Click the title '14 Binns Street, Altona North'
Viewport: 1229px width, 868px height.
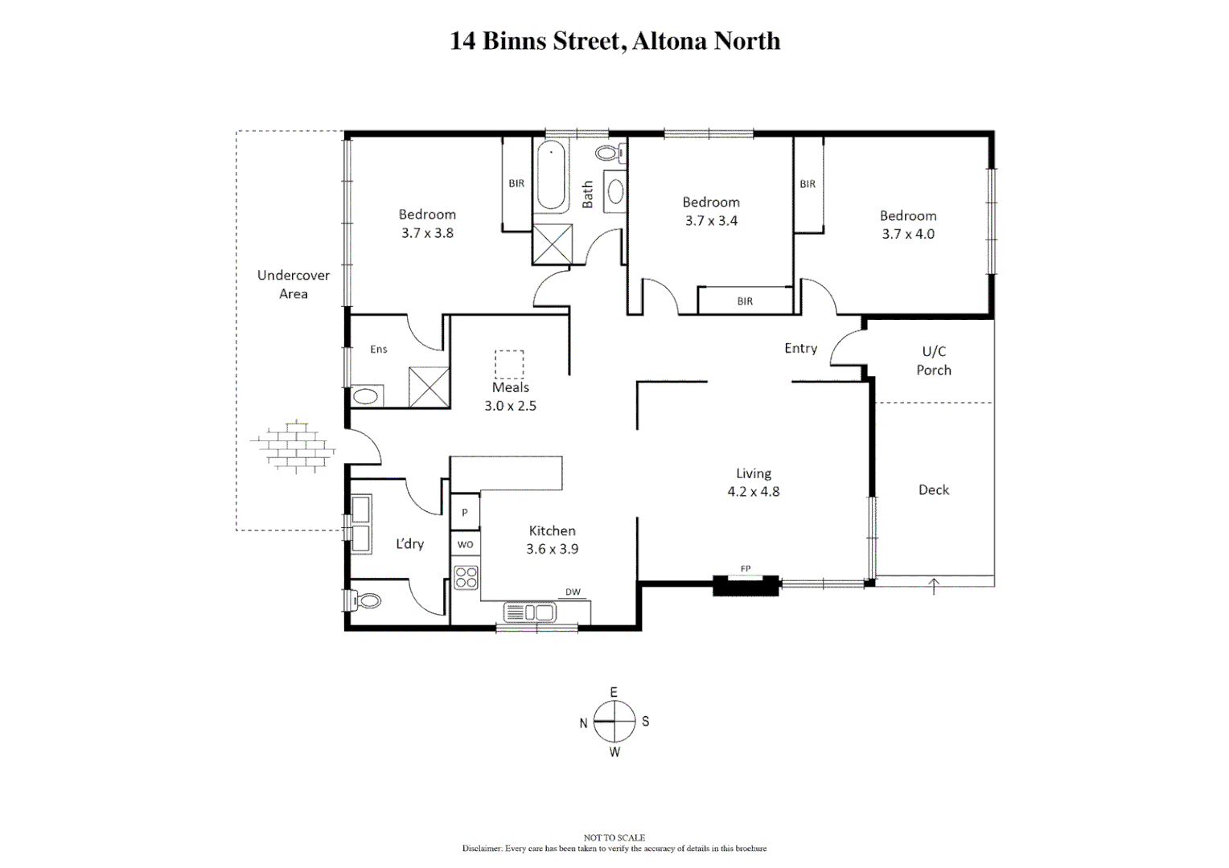pyautogui.click(x=614, y=41)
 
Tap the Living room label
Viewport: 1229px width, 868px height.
pyautogui.click(x=753, y=473)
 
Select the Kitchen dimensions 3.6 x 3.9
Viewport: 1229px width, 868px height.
pyautogui.click(x=552, y=549)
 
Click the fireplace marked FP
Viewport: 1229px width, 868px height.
pyautogui.click(x=746, y=584)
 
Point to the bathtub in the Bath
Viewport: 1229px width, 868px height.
pyautogui.click(x=552, y=175)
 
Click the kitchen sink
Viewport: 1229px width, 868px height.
pyautogui.click(x=530, y=612)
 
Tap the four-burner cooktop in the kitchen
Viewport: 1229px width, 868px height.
pyautogui.click(x=466, y=578)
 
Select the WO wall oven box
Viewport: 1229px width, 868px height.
pyautogui.click(x=465, y=544)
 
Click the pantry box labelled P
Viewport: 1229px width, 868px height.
pyautogui.click(x=464, y=512)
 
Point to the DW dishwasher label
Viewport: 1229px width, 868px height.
pyautogui.click(x=573, y=592)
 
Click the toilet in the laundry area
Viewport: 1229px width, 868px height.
pyautogui.click(x=364, y=600)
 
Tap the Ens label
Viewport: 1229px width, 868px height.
pyautogui.click(x=378, y=349)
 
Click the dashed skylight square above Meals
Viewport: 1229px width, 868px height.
pyautogui.click(x=508, y=364)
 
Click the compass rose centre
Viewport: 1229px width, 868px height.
pyautogui.click(x=614, y=721)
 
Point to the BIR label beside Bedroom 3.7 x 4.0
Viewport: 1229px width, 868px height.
pyautogui.click(x=808, y=184)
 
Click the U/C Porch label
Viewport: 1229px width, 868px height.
pyautogui.click(x=933, y=361)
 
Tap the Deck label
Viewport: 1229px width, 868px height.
pyautogui.click(x=933, y=489)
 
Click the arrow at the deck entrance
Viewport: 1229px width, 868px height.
pyautogui.click(x=933, y=586)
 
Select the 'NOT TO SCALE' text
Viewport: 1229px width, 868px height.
pyautogui.click(x=614, y=837)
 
